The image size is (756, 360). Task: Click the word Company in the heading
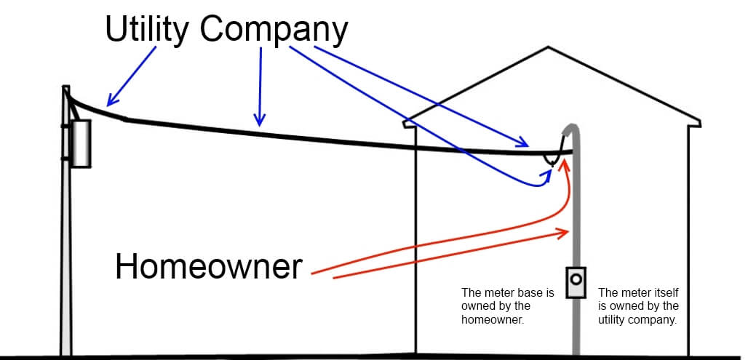274,30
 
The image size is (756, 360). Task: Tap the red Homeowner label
208,267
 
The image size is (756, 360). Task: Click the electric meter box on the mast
576,281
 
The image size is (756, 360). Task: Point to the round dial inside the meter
576,278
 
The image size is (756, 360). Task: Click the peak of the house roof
548,48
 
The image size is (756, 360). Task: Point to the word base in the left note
535,292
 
